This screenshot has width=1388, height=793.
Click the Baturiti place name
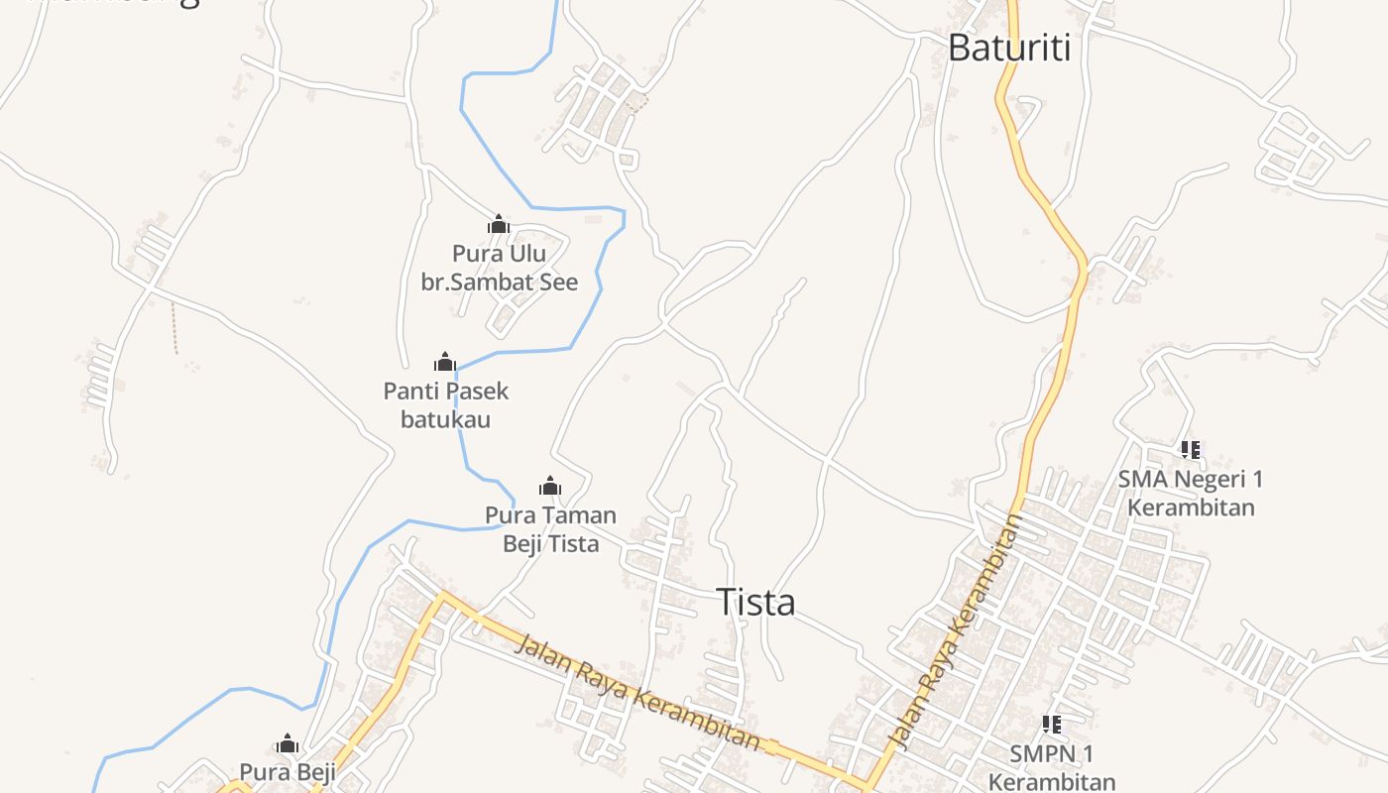click(x=1008, y=48)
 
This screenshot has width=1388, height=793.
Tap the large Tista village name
click(x=755, y=602)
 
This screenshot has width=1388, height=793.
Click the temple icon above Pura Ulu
click(x=499, y=225)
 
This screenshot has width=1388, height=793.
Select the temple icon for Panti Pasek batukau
click(x=445, y=362)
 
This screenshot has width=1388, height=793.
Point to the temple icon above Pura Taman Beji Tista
click(x=550, y=486)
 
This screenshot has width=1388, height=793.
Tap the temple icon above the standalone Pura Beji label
click(x=288, y=743)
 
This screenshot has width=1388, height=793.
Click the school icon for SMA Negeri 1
click(x=1191, y=450)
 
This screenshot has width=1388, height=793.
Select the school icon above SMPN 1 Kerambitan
click(x=1052, y=725)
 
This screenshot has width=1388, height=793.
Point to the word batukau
click(x=445, y=418)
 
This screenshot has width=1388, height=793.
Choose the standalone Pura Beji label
click(x=288, y=771)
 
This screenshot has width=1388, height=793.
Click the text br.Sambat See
click(x=499, y=282)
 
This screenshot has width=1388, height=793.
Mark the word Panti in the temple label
click(x=410, y=391)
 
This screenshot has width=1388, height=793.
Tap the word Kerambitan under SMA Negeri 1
click(x=1191, y=508)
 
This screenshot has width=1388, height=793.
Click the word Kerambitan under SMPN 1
click(x=1051, y=781)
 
